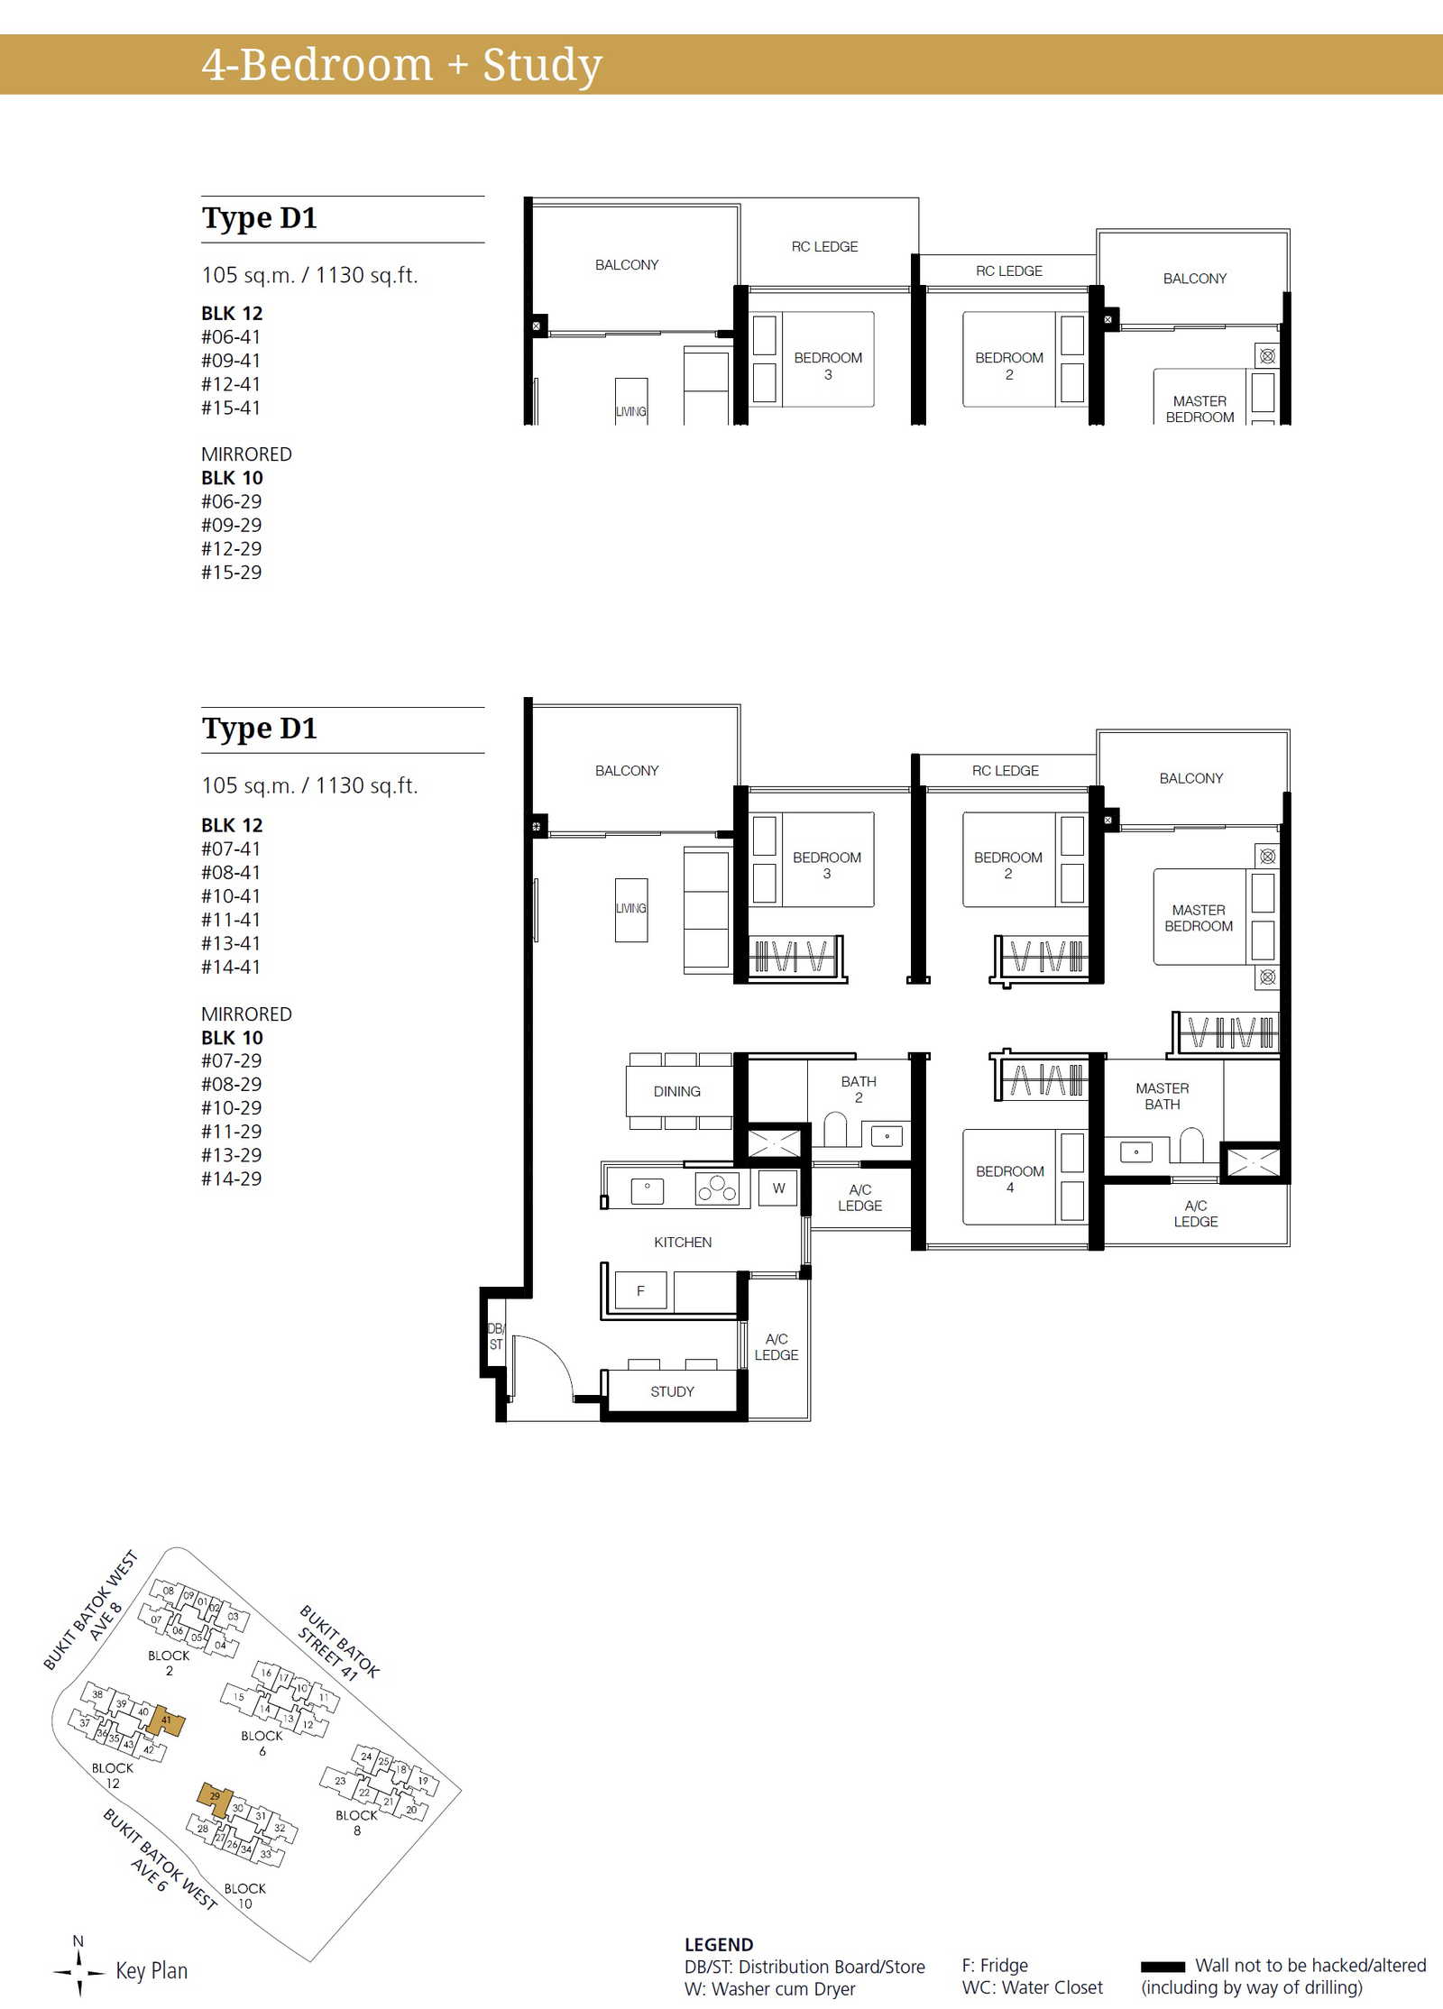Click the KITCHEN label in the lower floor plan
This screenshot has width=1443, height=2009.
point(683,1242)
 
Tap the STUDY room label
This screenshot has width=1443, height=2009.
point(672,1391)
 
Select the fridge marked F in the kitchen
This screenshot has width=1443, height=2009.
point(640,1290)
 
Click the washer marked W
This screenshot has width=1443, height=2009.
point(778,1188)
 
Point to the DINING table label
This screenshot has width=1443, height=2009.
point(676,1091)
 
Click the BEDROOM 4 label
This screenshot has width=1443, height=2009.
point(1010,1179)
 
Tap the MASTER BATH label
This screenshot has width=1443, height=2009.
point(1163,1096)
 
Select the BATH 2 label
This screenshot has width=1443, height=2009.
point(859,1089)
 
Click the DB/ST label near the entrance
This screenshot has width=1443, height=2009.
point(495,1336)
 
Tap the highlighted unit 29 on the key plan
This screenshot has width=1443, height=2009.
point(216,1798)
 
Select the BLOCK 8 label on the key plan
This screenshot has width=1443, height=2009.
point(357,1822)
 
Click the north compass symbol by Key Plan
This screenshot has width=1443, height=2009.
point(78,1970)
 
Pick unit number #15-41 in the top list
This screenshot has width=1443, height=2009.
point(231,408)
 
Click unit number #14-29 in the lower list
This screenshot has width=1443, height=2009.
point(231,1179)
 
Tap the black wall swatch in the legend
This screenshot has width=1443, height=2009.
point(1163,1967)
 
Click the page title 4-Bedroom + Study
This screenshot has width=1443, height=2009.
point(402,65)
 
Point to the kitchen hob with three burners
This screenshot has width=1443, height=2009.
point(717,1188)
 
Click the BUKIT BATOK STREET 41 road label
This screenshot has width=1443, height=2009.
point(339,1642)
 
